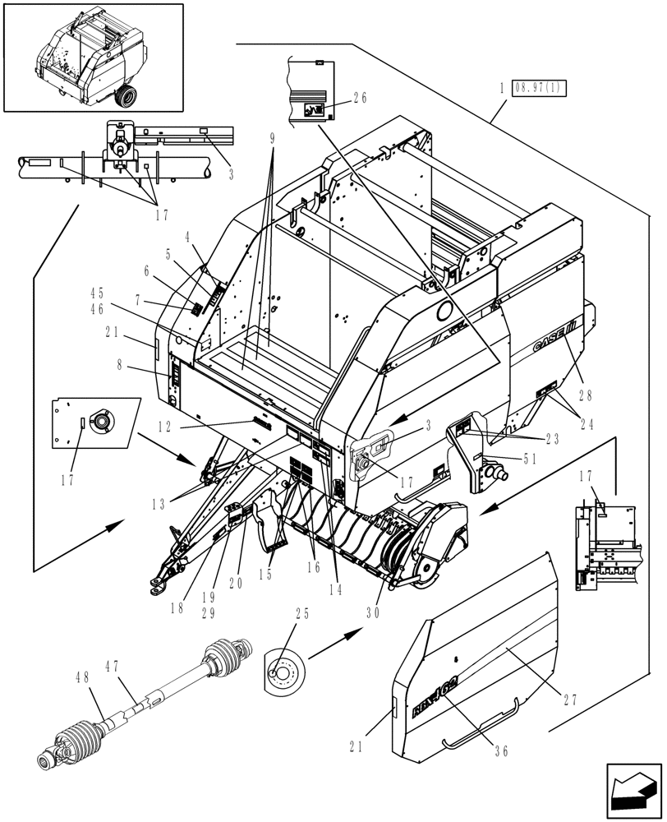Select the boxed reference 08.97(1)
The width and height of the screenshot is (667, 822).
pos(539,88)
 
